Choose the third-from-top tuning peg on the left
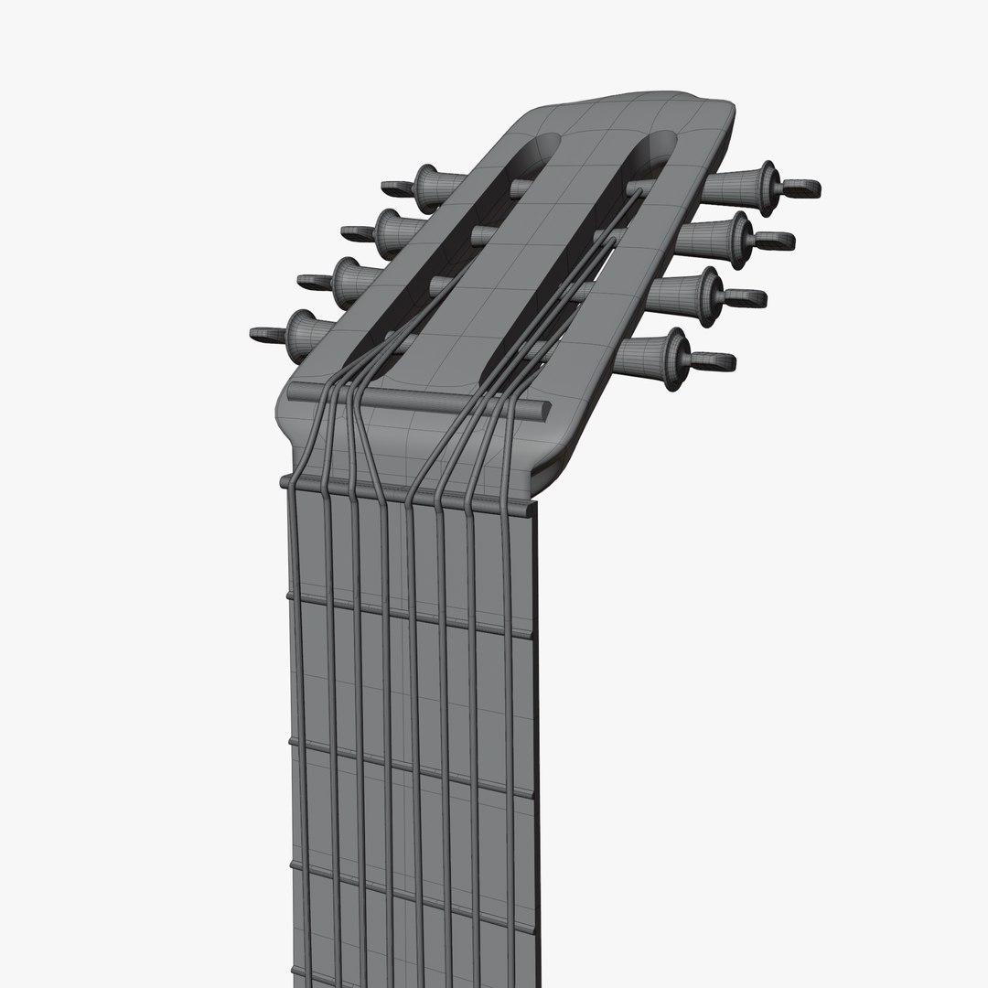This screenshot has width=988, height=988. coord(348,277)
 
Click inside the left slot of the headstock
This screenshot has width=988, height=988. coord(457,247)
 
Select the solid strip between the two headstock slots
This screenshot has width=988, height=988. coord(531,256)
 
